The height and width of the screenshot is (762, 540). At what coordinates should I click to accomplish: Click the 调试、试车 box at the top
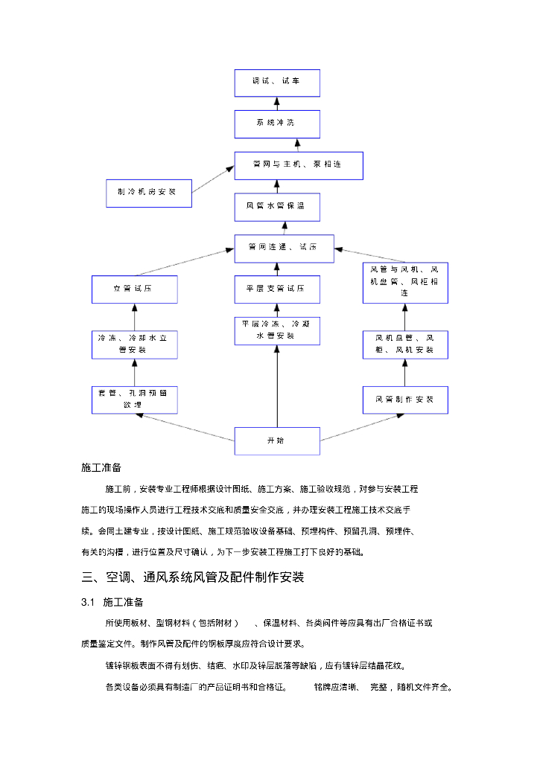click(276, 83)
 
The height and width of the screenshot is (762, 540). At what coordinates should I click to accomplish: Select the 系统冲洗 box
click(276, 124)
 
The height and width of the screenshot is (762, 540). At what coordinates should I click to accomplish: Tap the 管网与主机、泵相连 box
click(298, 165)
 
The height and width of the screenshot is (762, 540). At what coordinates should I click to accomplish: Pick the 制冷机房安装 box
click(148, 193)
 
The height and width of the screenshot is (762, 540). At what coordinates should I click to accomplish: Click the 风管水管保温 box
click(276, 206)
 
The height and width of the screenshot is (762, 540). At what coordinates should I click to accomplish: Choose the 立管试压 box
click(134, 289)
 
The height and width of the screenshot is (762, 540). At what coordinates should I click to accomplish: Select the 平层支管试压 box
click(276, 289)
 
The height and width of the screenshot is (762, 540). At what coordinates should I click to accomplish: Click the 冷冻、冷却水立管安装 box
click(134, 345)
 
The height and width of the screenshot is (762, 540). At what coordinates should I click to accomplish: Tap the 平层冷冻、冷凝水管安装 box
click(276, 330)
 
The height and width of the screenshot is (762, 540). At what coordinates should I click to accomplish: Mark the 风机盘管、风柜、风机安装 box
click(405, 345)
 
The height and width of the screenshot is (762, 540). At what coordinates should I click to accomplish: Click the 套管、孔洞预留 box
click(134, 400)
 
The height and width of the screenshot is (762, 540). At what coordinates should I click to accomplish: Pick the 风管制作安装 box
click(405, 400)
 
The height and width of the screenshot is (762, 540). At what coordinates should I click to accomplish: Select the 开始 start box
click(276, 441)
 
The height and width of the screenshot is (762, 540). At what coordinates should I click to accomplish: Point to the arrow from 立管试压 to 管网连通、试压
click(185, 263)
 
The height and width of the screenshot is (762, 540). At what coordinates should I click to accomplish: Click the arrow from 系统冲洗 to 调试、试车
click(276, 103)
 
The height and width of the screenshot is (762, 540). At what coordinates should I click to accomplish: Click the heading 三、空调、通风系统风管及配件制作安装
click(193, 577)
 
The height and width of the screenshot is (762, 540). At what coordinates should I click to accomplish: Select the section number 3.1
click(88, 602)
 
